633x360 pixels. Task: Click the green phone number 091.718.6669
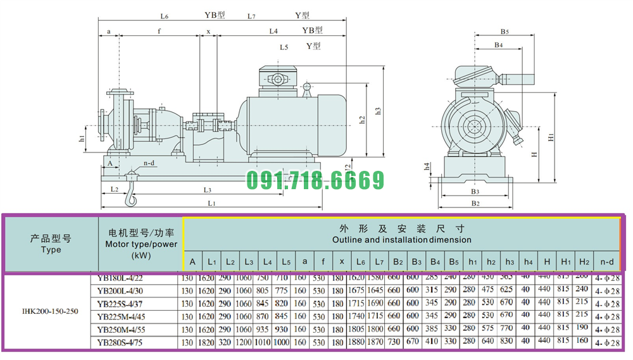(x=315, y=180)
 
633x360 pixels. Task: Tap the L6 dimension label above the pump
(x=165, y=16)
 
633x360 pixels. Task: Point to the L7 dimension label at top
(x=252, y=16)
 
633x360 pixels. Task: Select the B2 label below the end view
(x=476, y=204)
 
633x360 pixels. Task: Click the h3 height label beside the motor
(x=379, y=110)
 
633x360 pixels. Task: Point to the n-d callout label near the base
(x=149, y=163)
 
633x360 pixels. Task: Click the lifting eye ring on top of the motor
(x=308, y=85)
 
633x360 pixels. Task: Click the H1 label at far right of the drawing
(x=551, y=136)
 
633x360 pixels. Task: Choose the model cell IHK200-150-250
(x=50, y=311)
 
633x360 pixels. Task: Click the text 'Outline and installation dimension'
(x=401, y=240)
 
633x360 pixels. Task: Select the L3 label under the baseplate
(x=207, y=190)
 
